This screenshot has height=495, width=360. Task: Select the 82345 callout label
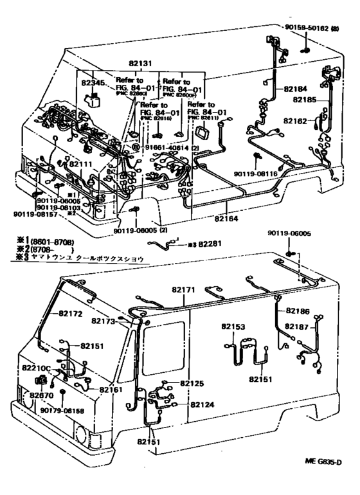click(x=93, y=84)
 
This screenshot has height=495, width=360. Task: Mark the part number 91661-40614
click(x=165, y=147)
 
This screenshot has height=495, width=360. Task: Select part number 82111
click(x=82, y=165)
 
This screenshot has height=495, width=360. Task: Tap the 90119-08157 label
click(x=31, y=214)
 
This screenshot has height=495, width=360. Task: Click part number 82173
click(x=102, y=321)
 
